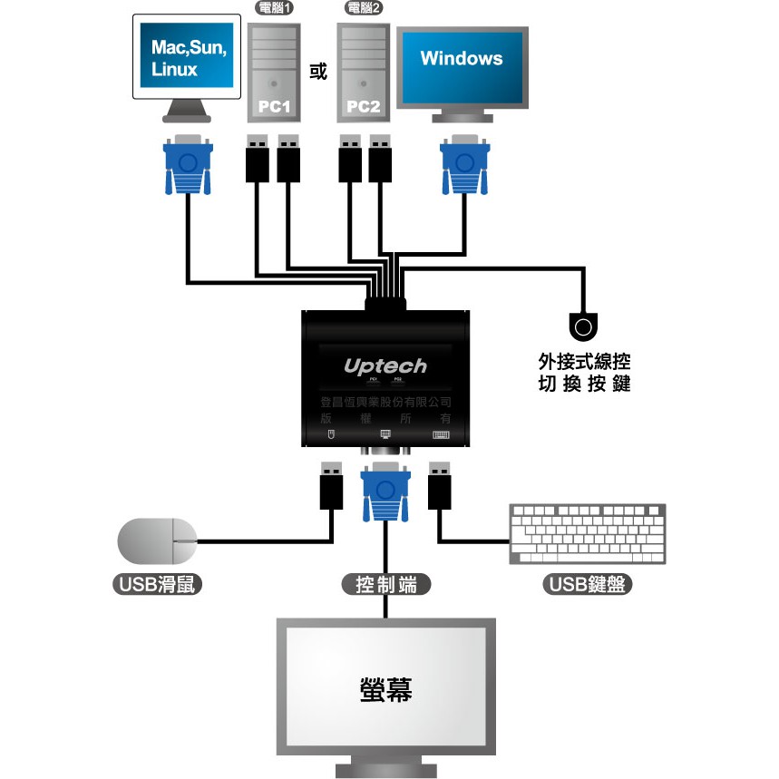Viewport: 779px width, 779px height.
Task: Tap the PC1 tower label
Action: (273, 106)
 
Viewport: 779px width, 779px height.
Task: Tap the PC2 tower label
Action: (363, 106)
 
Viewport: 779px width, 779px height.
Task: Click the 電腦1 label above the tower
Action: (273, 9)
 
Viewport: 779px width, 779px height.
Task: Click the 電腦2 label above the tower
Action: (364, 9)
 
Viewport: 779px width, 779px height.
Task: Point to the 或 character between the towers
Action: (318, 72)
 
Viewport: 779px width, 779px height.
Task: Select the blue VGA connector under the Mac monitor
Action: (188, 165)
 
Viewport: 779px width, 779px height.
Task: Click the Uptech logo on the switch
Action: (385, 365)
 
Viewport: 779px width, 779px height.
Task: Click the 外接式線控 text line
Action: (583, 362)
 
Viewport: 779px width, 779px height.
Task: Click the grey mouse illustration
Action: (157, 541)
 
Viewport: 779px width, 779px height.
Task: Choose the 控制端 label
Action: (385, 585)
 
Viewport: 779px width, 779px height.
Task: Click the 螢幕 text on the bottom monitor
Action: (386, 689)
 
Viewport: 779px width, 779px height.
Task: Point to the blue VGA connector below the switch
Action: (385, 492)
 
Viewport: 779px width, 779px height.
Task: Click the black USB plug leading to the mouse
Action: (331, 487)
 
